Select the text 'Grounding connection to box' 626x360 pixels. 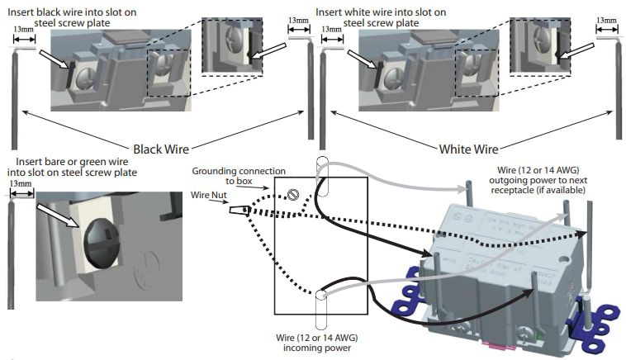239,176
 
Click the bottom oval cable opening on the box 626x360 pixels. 322,314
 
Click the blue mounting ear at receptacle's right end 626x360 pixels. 600,317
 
